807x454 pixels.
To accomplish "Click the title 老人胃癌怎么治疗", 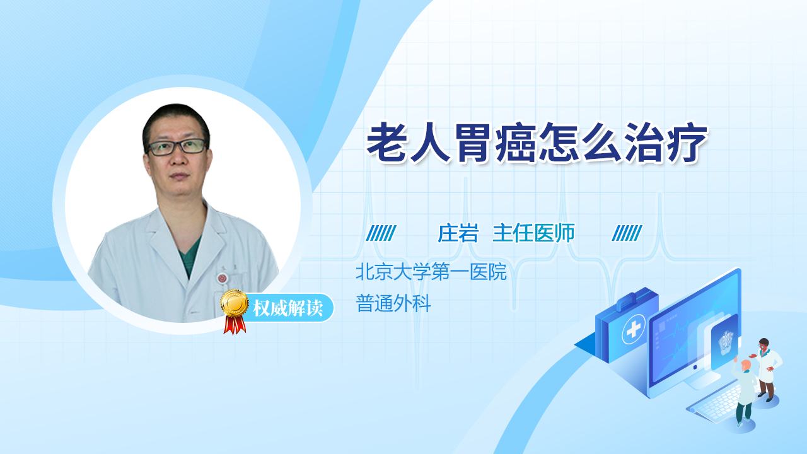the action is point(537,143).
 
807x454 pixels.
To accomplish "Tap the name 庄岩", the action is point(458,233).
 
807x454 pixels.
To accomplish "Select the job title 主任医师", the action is point(533,233).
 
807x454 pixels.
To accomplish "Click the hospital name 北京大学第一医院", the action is point(431,272).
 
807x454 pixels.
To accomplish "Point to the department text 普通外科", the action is point(393,303).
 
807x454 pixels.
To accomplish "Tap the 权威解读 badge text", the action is point(287,308).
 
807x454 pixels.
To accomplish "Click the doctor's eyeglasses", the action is point(177,147).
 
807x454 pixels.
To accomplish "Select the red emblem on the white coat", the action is point(222,278).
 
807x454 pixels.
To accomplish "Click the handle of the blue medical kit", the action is point(627,300).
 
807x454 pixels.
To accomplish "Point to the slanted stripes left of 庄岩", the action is point(381,233).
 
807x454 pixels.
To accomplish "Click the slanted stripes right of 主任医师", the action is point(627,233).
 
